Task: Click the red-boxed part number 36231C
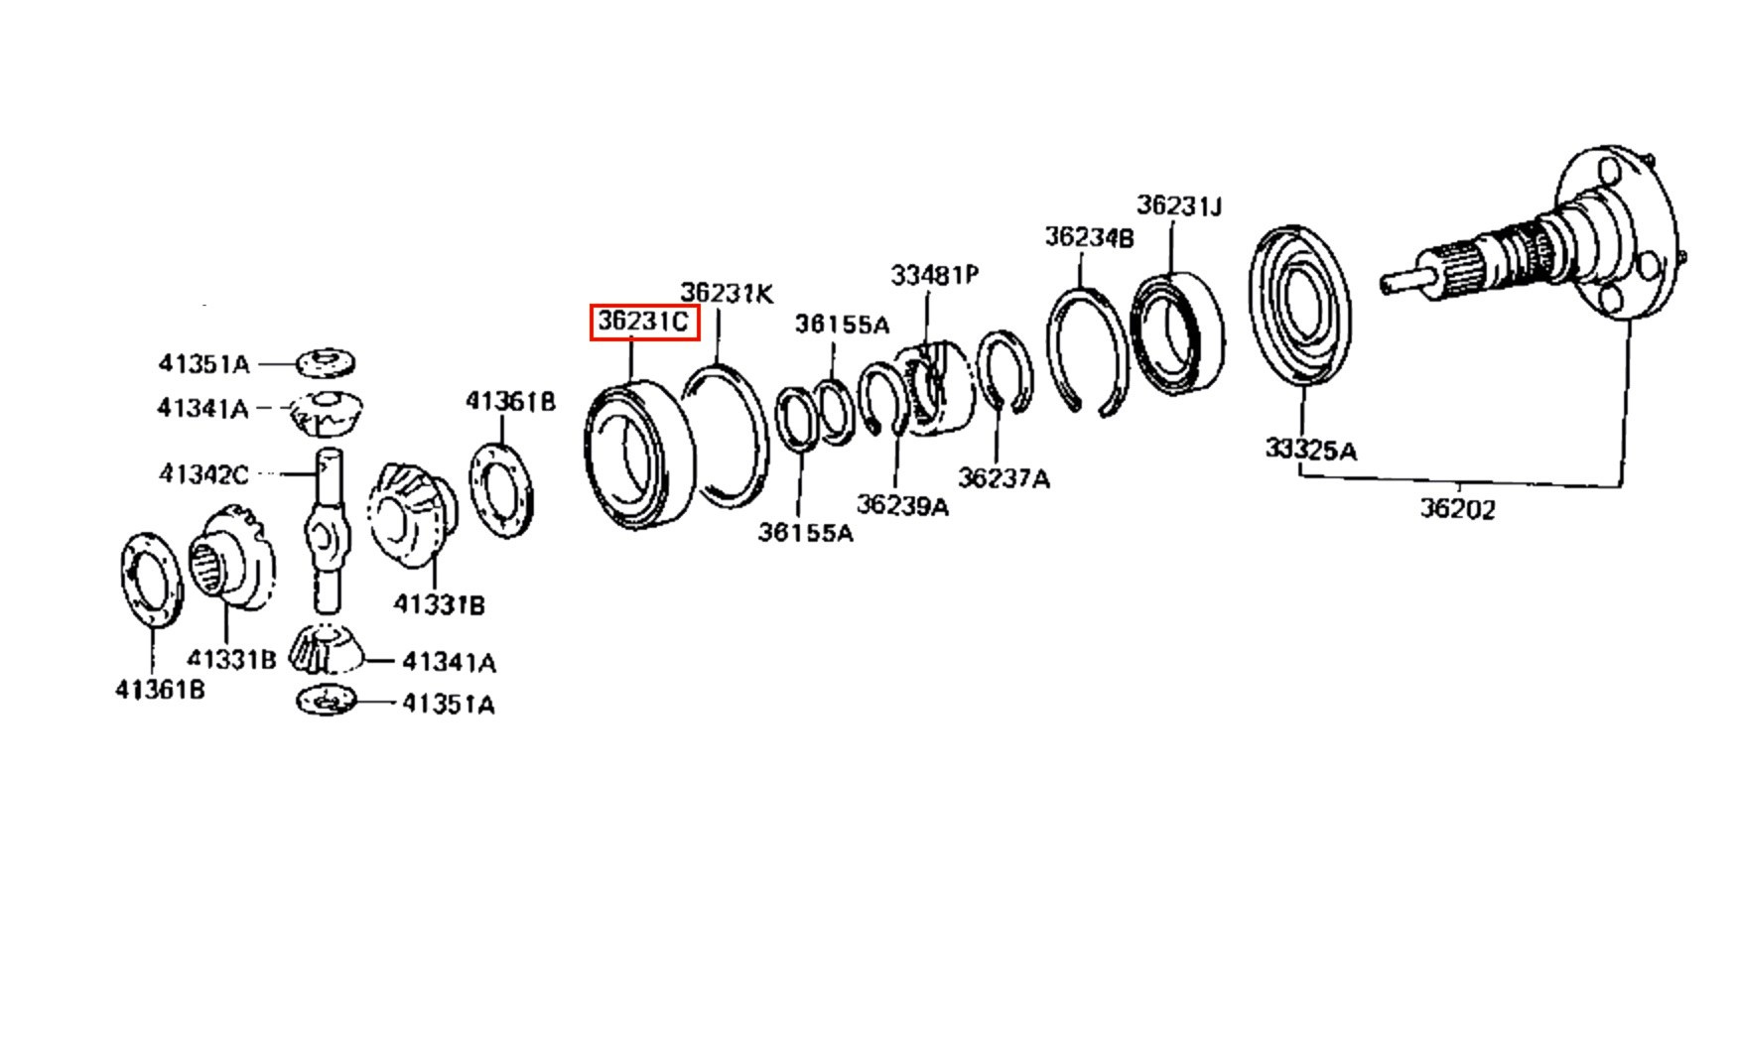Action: click(x=644, y=323)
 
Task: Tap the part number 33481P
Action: click(x=934, y=275)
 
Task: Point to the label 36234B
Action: click(x=1089, y=238)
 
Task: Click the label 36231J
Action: click(x=1178, y=205)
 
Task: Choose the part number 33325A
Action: click(x=1310, y=450)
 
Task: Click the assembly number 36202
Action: click(x=1456, y=509)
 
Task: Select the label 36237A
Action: click(x=1003, y=478)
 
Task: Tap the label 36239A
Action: click(x=902, y=506)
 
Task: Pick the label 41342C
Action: click(x=203, y=474)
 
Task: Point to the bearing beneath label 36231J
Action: click(x=1178, y=332)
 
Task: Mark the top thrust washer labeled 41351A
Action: click(x=327, y=363)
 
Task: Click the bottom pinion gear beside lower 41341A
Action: click(x=325, y=649)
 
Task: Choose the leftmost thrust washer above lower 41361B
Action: click(x=150, y=580)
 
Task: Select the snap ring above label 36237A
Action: click(x=1004, y=371)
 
